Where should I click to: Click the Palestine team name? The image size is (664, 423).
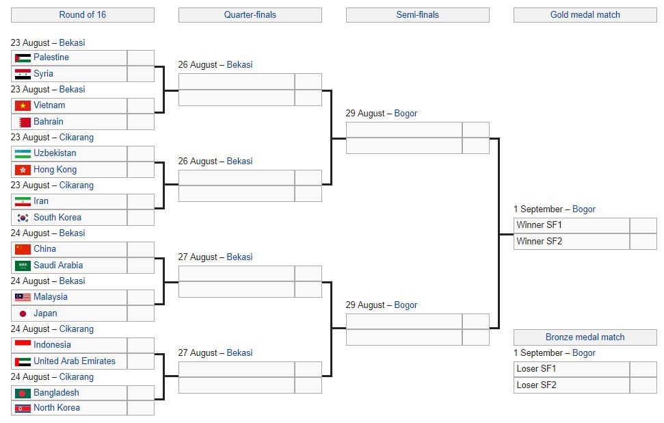(51, 57)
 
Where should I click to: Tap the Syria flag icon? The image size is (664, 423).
(23, 74)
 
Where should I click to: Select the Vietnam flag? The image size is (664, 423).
(23, 105)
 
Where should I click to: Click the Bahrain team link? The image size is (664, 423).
(49, 122)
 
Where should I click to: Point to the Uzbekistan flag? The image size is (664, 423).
(23, 153)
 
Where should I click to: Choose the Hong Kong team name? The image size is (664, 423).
(55, 170)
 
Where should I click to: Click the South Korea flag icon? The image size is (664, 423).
(23, 218)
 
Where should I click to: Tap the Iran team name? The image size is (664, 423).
(41, 201)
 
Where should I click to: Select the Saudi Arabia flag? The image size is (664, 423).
(23, 266)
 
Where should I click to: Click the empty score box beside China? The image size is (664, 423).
(141, 249)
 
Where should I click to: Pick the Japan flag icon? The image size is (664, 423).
(23, 313)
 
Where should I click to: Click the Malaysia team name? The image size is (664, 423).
(51, 296)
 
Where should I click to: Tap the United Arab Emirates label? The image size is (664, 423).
(75, 361)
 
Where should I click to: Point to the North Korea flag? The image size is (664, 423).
(23, 408)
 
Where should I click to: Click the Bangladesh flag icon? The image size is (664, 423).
(23, 394)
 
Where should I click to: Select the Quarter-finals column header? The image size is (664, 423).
(250, 15)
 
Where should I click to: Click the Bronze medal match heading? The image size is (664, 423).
(585, 337)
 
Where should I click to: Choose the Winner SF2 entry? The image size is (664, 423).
(539, 242)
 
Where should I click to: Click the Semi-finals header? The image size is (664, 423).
(418, 15)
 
